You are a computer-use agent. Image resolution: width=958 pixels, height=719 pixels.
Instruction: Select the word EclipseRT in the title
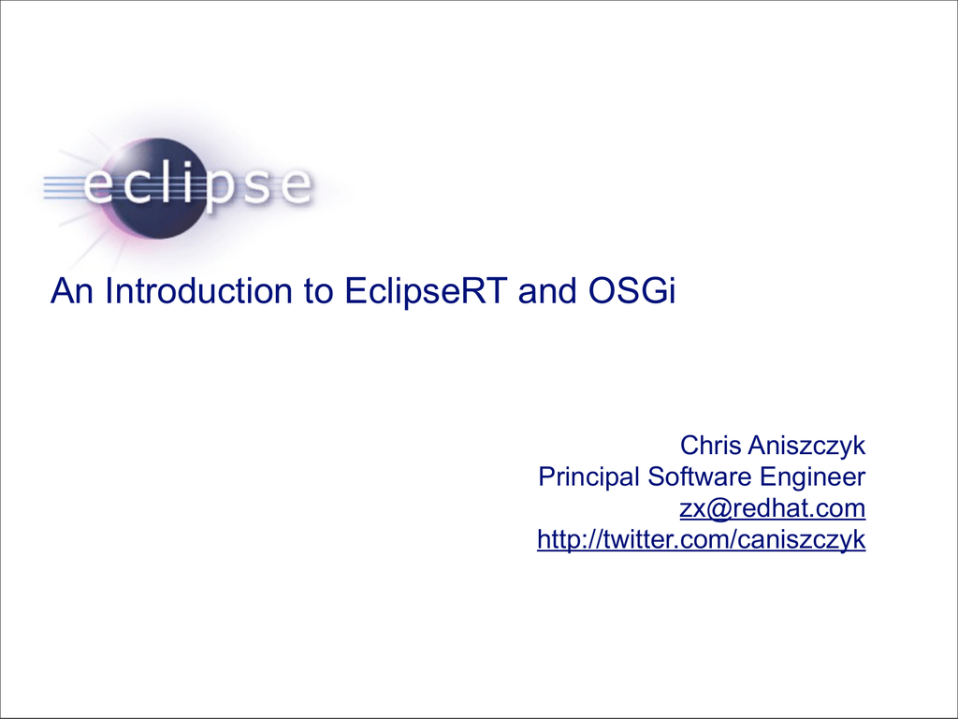coord(426,290)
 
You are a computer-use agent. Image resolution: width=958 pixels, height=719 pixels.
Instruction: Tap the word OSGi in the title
coord(631,290)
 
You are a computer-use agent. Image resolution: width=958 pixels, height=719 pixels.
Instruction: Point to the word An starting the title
coord(71,290)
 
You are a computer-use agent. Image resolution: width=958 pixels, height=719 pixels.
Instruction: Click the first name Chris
coord(711,446)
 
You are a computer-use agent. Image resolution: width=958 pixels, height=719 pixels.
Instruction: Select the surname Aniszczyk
coord(807,447)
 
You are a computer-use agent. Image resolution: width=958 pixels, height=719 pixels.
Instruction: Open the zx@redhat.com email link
coord(773,508)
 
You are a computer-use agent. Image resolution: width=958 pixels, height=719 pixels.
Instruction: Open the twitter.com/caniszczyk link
coord(702,540)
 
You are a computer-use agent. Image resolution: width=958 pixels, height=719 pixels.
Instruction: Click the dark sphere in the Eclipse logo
coord(160,188)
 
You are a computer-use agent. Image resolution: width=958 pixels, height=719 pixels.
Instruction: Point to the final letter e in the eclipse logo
coord(296,185)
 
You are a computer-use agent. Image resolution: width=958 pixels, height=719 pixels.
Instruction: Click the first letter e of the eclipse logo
coord(99,184)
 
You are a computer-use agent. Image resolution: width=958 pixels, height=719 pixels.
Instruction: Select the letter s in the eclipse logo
coord(258,185)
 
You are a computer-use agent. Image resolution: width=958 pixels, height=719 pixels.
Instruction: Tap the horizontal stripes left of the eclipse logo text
coord(63,187)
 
